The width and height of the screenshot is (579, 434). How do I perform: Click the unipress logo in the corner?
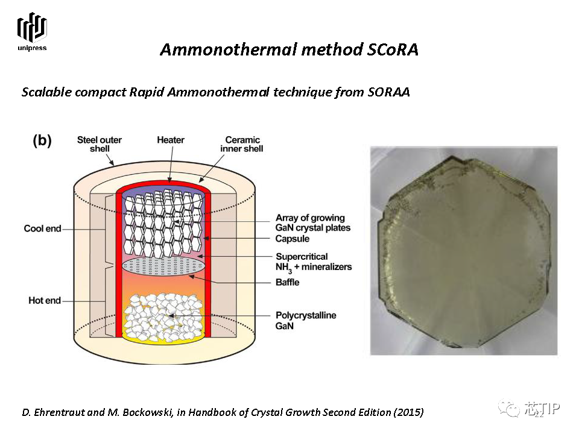pos(32,32)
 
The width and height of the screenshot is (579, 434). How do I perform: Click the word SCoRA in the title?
pos(393,49)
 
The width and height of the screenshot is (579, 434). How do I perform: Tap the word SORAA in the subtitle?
pos(389,92)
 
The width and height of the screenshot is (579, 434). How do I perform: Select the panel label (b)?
pos(42,140)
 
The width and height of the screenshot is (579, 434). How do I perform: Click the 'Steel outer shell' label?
pos(100,144)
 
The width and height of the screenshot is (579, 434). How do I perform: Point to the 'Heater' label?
pos(171,140)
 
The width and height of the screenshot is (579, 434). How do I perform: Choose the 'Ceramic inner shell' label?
pos(242,144)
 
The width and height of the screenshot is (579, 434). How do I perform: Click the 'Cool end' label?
pos(42,228)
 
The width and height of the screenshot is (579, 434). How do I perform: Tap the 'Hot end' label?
pos(45,300)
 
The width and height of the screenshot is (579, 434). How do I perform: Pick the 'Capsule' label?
pos(293,239)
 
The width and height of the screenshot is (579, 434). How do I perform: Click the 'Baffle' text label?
pos(287,282)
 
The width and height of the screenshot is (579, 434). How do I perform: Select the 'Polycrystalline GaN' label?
pos(306,320)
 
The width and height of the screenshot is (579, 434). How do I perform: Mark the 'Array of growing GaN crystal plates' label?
pos(313,222)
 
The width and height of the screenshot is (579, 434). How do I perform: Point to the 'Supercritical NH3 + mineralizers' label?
pos(314,263)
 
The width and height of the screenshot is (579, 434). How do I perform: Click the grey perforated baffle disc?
pos(164,266)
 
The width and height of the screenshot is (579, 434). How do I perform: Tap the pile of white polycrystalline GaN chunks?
pos(163,317)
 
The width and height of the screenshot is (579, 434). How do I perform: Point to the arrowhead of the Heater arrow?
pos(170,180)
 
